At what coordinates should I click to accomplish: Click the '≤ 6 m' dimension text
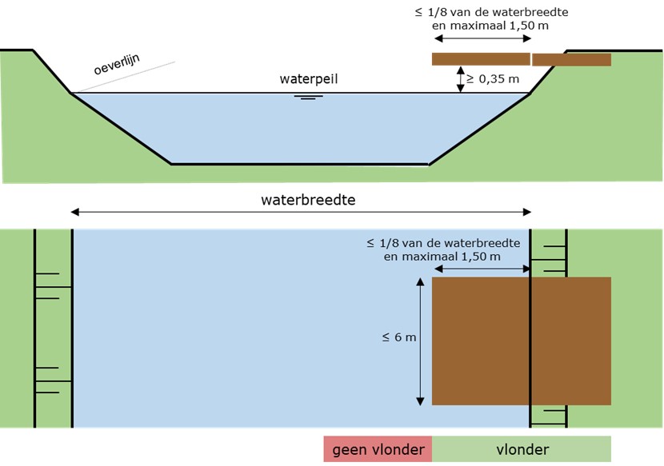(x=399, y=337)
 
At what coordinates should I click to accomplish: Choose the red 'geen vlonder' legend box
(x=378, y=449)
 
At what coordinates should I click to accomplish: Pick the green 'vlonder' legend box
(x=522, y=449)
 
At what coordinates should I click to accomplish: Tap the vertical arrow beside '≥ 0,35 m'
(x=461, y=79)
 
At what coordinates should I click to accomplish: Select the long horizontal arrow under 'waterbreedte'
(x=301, y=212)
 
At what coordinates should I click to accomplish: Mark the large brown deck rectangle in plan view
(x=521, y=341)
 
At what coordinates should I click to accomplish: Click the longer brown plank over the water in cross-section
(x=481, y=58)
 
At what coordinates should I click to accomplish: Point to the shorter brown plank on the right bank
(x=571, y=59)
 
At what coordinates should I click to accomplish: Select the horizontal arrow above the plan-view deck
(x=481, y=269)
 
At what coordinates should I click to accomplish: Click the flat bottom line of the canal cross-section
(x=300, y=164)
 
